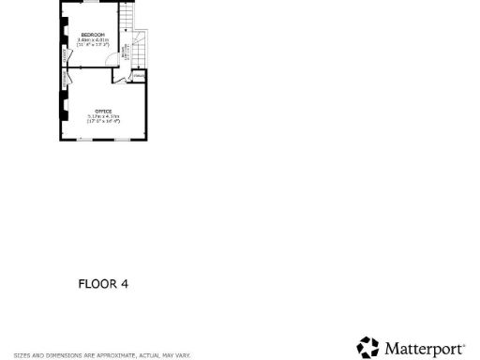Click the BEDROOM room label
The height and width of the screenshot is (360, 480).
pyautogui.click(x=93, y=35)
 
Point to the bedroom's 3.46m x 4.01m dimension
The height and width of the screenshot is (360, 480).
pyautogui.click(x=93, y=39)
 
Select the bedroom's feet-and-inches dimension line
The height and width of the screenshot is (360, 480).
pyautogui.click(x=93, y=44)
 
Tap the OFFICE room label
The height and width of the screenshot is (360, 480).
pyautogui.click(x=103, y=111)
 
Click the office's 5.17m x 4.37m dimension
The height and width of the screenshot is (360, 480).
pyautogui.click(x=103, y=116)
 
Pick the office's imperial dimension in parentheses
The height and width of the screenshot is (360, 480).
pyautogui.click(x=103, y=121)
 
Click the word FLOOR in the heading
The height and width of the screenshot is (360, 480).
pyautogui.click(x=97, y=284)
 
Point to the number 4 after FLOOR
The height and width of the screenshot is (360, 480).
pyautogui.click(x=124, y=284)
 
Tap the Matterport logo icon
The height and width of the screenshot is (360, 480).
pyautogui.click(x=367, y=348)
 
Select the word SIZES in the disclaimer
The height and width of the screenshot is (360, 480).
pyautogui.click(x=21, y=355)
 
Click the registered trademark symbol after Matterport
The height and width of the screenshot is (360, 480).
pyautogui.click(x=463, y=344)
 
